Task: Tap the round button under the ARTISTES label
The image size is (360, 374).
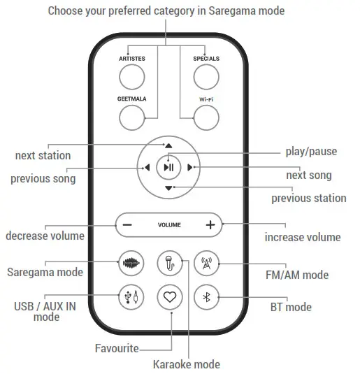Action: point(131,76)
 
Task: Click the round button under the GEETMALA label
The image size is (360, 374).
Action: point(131,117)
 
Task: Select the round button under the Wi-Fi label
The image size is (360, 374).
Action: point(206,117)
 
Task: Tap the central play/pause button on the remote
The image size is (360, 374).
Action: point(168,167)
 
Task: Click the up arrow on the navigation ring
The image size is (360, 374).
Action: point(168,145)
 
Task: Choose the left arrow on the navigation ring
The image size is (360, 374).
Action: point(147,167)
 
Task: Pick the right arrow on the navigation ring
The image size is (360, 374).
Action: point(190,167)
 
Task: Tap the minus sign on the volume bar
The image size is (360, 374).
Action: point(127,225)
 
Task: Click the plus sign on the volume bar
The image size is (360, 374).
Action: point(210,225)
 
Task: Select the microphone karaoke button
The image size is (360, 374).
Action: point(169,264)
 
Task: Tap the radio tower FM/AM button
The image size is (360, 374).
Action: point(206,264)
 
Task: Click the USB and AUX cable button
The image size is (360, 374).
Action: point(131,297)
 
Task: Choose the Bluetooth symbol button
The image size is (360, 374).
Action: point(206,297)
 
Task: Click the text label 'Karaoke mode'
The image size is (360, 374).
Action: point(187,364)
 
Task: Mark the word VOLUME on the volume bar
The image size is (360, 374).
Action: point(168,225)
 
